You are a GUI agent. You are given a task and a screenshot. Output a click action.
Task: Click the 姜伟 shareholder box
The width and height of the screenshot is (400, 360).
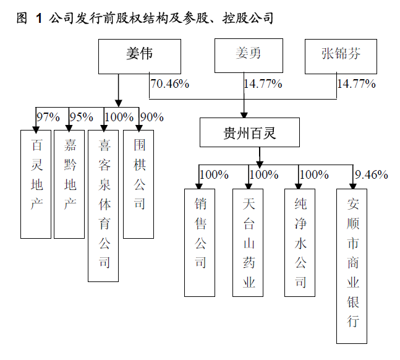pyautogui.click(x=139, y=54)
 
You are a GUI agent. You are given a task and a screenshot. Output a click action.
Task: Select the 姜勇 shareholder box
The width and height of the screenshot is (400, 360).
pyautogui.click(x=248, y=54)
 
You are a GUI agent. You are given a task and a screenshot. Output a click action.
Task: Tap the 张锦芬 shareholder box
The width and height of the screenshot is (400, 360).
pyautogui.click(x=341, y=54)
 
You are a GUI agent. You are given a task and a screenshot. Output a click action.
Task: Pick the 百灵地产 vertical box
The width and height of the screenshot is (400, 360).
pyautogui.click(x=36, y=184)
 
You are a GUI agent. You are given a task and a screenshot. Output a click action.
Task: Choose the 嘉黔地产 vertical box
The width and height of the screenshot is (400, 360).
pyautogui.click(x=69, y=184)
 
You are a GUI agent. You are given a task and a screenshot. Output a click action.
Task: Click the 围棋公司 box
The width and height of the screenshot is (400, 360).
pyautogui.click(x=138, y=184)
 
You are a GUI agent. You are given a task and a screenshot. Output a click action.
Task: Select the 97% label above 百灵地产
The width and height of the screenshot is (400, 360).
pyautogui.click(x=48, y=117)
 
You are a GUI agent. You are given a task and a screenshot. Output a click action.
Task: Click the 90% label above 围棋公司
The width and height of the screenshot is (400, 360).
pyautogui.click(x=152, y=117)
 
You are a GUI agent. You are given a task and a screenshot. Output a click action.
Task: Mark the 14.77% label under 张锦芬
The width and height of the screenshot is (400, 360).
pyautogui.click(x=356, y=84)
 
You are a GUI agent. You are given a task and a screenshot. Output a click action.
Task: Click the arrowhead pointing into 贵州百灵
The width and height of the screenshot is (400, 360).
pyautogui.click(x=245, y=115)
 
